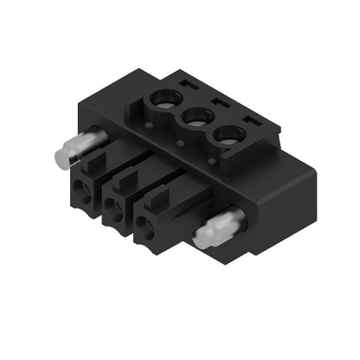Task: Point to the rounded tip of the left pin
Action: (58, 157)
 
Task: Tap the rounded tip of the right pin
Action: (199, 239)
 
